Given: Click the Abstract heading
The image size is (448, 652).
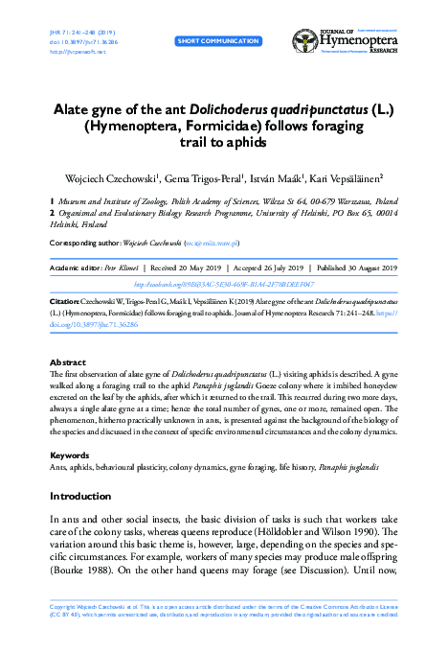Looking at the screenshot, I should pyautogui.click(x=67, y=362).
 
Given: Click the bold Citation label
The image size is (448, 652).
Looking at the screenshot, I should pyautogui.click(x=65, y=300).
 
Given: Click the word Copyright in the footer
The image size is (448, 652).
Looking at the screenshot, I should pyautogui.click(x=63, y=634).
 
